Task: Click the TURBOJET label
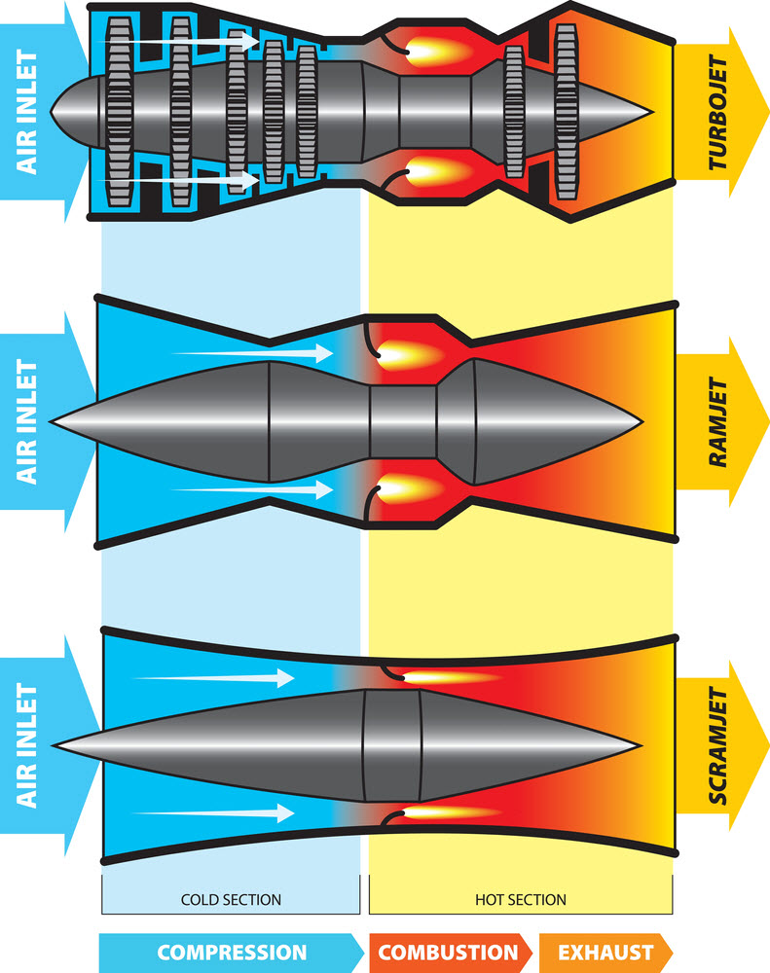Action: coord(717,112)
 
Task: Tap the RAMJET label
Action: coord(717,422)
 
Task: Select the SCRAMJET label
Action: coord(717,745)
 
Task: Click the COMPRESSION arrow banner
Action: coord(232,953)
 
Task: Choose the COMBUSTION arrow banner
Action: coord(450,953)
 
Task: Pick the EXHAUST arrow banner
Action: coord(606,953)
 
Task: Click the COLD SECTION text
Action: coord(231,900)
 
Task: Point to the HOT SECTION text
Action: coord(521,900)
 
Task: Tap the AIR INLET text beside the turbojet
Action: coord(26,112)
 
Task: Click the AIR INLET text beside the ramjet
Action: coord(26,422)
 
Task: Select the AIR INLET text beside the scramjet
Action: coord(26,745)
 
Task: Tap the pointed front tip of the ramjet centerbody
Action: coord(51,422)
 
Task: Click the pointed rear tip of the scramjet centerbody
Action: coord(640,745)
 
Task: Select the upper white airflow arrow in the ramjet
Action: coord(253,353)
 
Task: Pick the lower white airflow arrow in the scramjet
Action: coord(213,812)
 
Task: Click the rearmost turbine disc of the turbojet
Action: coord(566,112)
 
